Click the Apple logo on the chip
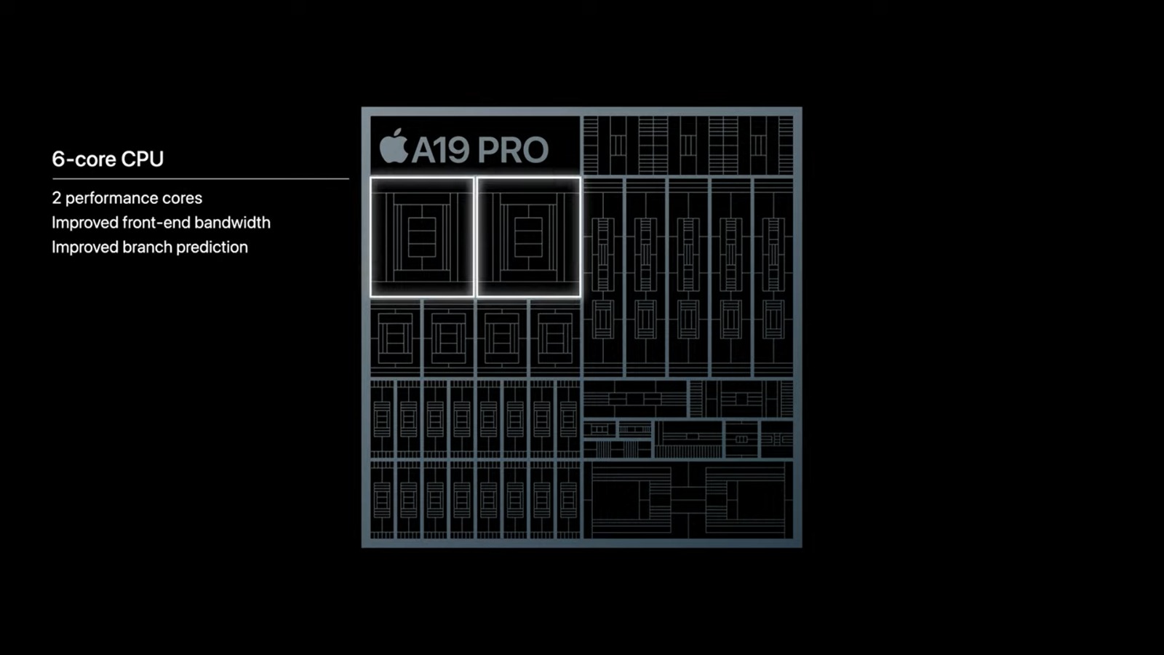[x=394, y=146]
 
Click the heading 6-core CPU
[x=108, y=159]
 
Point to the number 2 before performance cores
[x=56, y=198]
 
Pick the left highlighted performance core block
[x=422, y=237]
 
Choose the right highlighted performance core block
[x=528, y=237]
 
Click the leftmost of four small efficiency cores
[x=395, y=338]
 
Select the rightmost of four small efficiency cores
[x=555, y=338]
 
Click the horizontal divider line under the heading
[x=200, y=178]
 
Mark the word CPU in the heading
[x=143, y=159]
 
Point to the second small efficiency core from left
[x=448, y=338]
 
